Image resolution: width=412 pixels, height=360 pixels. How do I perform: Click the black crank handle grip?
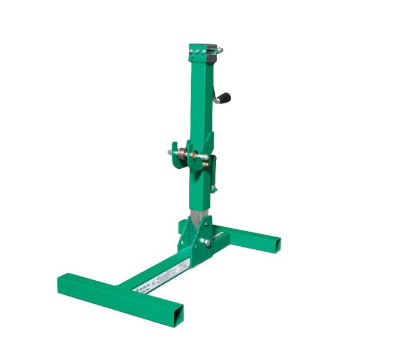click(x=225, y=97)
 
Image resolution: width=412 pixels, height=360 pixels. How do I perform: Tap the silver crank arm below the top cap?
click(x=215, y=82)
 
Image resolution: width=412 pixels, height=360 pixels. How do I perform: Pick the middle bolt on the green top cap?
click(x=197, y=52)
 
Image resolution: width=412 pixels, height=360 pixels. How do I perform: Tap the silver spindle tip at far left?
click(x=170, y=152)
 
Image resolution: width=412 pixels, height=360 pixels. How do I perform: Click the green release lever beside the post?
click(x=213, y=175)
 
